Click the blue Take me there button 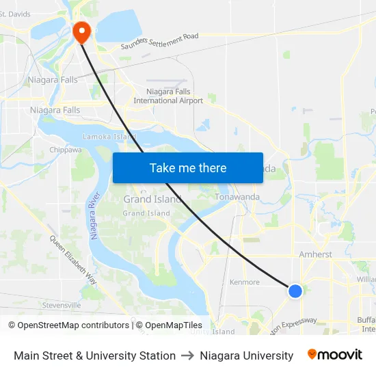click(188, 167)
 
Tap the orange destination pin click(81, 31)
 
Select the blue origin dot click(295, 291)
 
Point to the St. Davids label click(15, 14)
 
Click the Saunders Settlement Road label click(159, 41)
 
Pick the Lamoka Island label click(109, 137)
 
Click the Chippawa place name click(66, 150)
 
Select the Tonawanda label click(237, 197)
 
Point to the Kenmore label click(244, 282)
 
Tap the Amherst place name click(315, 254)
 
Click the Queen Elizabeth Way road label click(72, 259)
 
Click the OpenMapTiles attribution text click(169, 325)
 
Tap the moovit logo click(335, 355)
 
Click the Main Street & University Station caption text click(94, 355)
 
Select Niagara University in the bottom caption click(246, 355)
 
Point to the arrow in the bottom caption click(187, 355)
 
